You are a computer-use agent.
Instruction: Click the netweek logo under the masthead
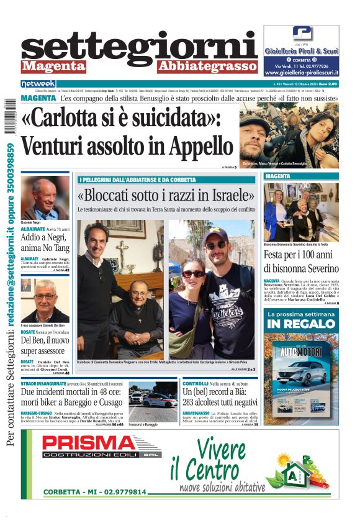click(38, 83)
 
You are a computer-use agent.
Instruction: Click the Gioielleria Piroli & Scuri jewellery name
click(302, 52)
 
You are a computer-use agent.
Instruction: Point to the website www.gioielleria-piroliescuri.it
click(302, 72)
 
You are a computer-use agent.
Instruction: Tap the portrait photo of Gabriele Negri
click(45, 198)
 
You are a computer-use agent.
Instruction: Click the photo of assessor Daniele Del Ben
click(45, 301)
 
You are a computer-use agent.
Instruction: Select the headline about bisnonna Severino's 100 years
click(301, 261)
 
